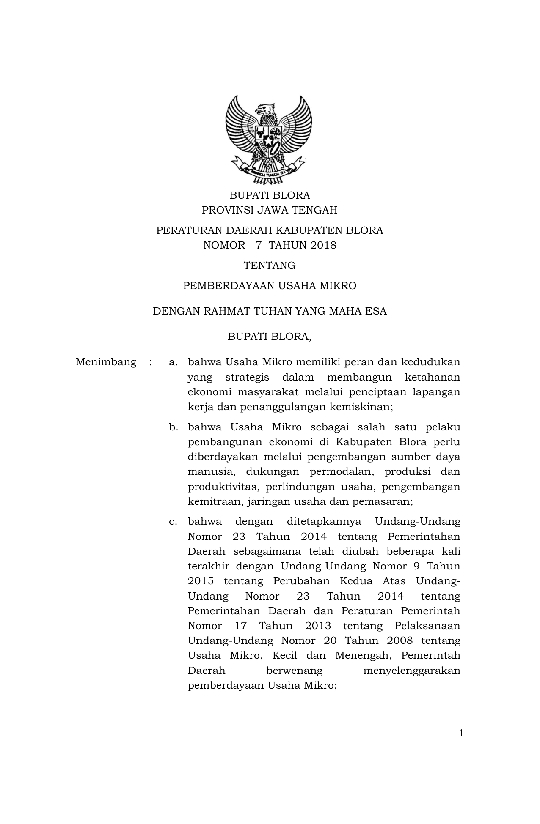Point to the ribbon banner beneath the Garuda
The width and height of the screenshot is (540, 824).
[269, 171]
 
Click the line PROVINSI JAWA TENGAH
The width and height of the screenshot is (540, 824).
[270, 210]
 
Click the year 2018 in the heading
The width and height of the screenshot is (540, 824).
[323, 245]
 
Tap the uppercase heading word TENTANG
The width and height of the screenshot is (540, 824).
[270, 266]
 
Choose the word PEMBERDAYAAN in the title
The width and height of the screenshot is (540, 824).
[229, 286]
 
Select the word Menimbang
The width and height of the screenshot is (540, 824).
[106, 362]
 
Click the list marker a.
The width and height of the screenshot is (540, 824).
[173, 362]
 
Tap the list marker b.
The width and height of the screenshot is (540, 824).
[173, 427]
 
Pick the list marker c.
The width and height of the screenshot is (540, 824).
[173, 521]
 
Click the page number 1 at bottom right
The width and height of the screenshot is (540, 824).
[461, 733]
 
